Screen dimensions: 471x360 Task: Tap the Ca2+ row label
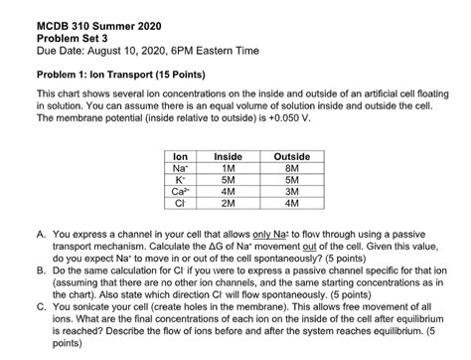(181, 192)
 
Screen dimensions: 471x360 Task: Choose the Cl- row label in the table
(181, 204)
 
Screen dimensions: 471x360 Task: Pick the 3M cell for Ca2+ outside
(290, 192)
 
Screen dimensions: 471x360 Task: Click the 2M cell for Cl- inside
(229, 204)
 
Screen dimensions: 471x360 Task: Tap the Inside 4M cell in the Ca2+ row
(229, 192)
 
